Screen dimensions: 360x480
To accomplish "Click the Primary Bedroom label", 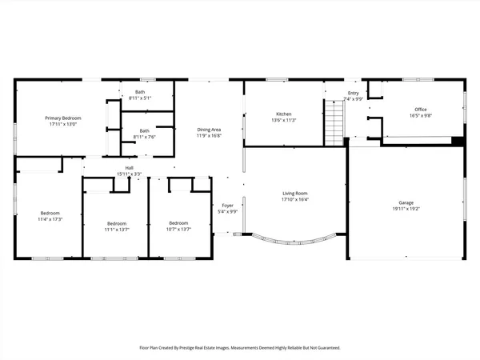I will tap(63, 118).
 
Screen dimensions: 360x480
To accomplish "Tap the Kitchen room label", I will tap(284, 114).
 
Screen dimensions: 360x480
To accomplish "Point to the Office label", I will tap(420, 110).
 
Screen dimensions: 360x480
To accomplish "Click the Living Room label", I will tap(296, 193).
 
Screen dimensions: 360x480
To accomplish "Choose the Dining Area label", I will tap(209, 130).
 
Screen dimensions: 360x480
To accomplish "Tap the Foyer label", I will tap(228, 206).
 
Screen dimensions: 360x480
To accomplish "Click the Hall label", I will tap(129, 168).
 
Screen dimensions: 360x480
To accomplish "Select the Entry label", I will tap(354, 93).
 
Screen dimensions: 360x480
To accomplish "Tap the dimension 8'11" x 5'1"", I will tap(140, 98).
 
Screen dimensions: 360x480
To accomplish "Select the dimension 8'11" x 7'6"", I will tap(144, 137).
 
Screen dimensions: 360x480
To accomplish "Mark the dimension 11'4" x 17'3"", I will tap(50, 219).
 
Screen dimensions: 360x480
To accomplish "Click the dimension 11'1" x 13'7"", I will tap(117, 229).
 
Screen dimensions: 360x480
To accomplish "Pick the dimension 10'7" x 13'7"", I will tap(178, 229).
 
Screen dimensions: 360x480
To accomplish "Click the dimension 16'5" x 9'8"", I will tap(420, 115).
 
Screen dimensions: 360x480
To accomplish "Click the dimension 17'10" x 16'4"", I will tap(296, 199).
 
